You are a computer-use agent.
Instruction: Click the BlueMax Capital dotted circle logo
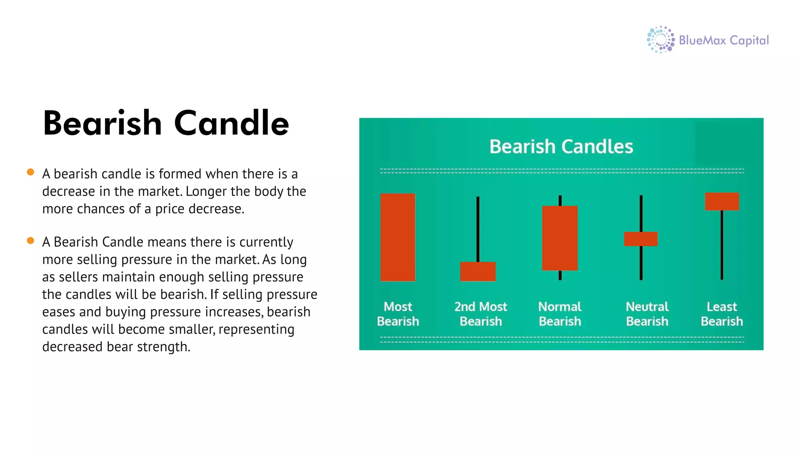(660, 40)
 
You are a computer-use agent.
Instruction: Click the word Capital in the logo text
(749, 41)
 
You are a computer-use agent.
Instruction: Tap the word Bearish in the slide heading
(102, 123)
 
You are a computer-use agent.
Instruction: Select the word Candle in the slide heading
(231, 123)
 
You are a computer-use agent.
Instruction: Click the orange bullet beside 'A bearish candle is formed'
(30, 172)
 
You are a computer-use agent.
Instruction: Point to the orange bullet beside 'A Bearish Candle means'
(30, 240)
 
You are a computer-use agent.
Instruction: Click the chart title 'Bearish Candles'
(561, 146)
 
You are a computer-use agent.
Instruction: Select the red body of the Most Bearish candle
(397, 237)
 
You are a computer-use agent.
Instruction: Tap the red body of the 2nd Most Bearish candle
(478, 271)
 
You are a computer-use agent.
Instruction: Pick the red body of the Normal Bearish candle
(560, 238)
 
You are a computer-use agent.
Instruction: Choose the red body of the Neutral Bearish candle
(641, 239)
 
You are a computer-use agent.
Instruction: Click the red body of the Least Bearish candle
(722, 201)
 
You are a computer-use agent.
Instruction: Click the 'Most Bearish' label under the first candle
(398, 314)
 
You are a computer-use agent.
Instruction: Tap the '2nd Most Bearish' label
(481, 314)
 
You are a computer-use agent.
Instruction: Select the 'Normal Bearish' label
(560, 314)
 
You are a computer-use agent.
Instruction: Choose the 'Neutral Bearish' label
(647, 314)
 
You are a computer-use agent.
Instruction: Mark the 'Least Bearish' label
(722, 314)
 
